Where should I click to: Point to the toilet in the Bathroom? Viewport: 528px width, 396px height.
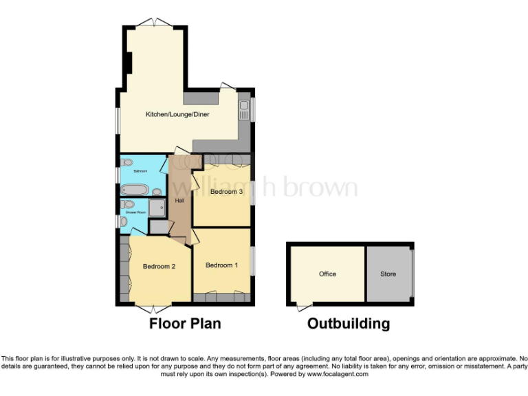click(128, 163)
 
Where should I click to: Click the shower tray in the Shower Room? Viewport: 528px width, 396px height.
click(157, 208)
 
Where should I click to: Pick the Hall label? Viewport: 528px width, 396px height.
click(179, 201)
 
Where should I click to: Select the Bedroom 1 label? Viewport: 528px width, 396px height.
click(221, 265)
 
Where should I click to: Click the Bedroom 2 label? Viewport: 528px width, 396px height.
click(159, 267)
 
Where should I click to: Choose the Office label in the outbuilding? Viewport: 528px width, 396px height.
click(327, 274)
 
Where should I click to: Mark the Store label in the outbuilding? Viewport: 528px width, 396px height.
click(388, 274)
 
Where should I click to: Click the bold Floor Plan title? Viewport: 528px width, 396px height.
click(185, 323)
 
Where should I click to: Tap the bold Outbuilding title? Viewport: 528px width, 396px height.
click(348, 323)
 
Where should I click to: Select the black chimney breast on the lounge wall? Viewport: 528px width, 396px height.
click(129, 63)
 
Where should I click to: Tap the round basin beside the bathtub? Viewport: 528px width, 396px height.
click(157, 191)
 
